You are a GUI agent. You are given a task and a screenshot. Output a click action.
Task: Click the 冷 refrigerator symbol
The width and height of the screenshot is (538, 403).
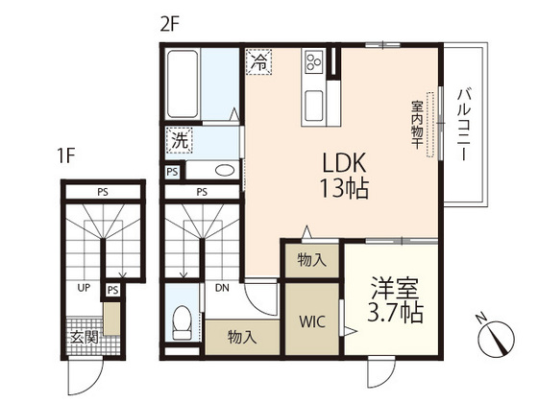pos(258,61)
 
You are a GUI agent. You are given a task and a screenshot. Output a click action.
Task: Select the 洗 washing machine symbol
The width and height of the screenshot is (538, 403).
pos(180,139)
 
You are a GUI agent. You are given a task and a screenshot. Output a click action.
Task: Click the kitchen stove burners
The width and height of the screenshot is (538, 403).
pos(313,63)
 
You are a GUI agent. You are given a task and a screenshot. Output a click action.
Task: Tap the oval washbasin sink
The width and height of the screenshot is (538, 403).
pos(225,172)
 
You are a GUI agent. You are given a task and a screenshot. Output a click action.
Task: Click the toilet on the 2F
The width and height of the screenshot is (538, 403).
pos(181,322)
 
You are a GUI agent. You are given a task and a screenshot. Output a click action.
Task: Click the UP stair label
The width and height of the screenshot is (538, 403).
pos(85,286)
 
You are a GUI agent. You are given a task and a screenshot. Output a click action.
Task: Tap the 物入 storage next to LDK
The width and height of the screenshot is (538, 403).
pos(310,260)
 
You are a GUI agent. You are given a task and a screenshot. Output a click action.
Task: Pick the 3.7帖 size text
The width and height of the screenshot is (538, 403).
pos(393,311)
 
